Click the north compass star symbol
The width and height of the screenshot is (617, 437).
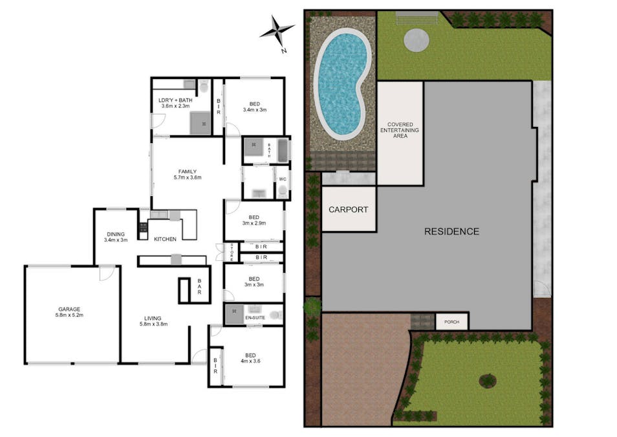pyautogui.click(x=277, y=30)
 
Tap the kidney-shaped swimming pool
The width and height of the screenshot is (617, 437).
pyautogui.click(x=341, y=85)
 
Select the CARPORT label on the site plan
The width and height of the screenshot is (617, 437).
pyautogui.click(x=348, y=210)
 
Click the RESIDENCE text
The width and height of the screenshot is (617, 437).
pyautogui.click(x=451, y=231)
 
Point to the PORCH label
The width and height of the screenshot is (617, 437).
pyautogui.click(x=451, y=322)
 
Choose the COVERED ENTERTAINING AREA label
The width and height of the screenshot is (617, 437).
pyautogui.click(x=400, y=130)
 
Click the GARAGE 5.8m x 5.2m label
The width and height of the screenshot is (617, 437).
pyautogui.click(x=69, y=312)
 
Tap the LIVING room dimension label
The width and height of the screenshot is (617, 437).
pyautogui.click(x=153, y=321)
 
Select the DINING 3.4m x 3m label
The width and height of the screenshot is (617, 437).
pyautogui.click(x=116, y=237)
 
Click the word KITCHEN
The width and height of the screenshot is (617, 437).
pyautogui.click(x=165, y=239)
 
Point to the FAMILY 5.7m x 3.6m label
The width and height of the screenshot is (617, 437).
pyautogui.click(x=188, y=175)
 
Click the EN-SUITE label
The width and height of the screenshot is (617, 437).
pyautogui.click(x=255, y=318)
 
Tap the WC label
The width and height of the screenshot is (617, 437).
pyautogui.click(x=283, y=179)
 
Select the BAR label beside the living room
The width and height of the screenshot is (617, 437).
pyautogui.click(x=199, y=286)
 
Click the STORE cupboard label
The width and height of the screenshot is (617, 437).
pyautogui.click(x=232, y=252)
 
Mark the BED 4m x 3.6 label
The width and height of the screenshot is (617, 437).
pyautogui.click(x=250, y=358)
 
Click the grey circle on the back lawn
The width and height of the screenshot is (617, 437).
pyautogui.click(x=417, y=39)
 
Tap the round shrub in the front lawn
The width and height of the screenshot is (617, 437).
pyautogui.click(x=488, y=381)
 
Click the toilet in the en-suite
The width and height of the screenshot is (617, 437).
pyautogui.click(x=277, y=315)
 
